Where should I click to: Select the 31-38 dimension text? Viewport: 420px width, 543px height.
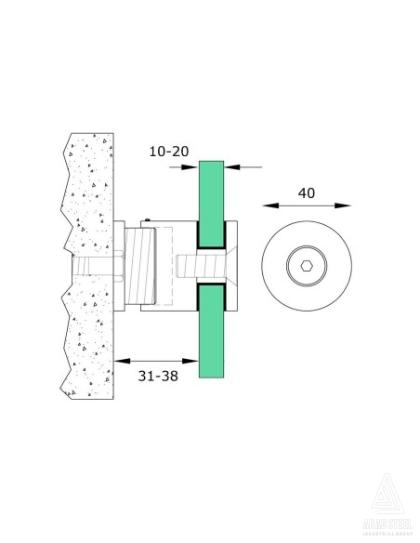(155, 377)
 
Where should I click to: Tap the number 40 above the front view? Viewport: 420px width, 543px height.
(307, 193)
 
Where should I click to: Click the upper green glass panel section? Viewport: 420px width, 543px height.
(212, 200)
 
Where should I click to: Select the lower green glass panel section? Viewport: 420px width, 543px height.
(212, 335)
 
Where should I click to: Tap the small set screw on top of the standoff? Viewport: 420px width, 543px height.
(148, 220)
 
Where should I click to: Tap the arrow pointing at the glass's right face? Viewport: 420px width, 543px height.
(232, 167)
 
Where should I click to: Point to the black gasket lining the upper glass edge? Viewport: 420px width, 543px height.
(211, 245)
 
